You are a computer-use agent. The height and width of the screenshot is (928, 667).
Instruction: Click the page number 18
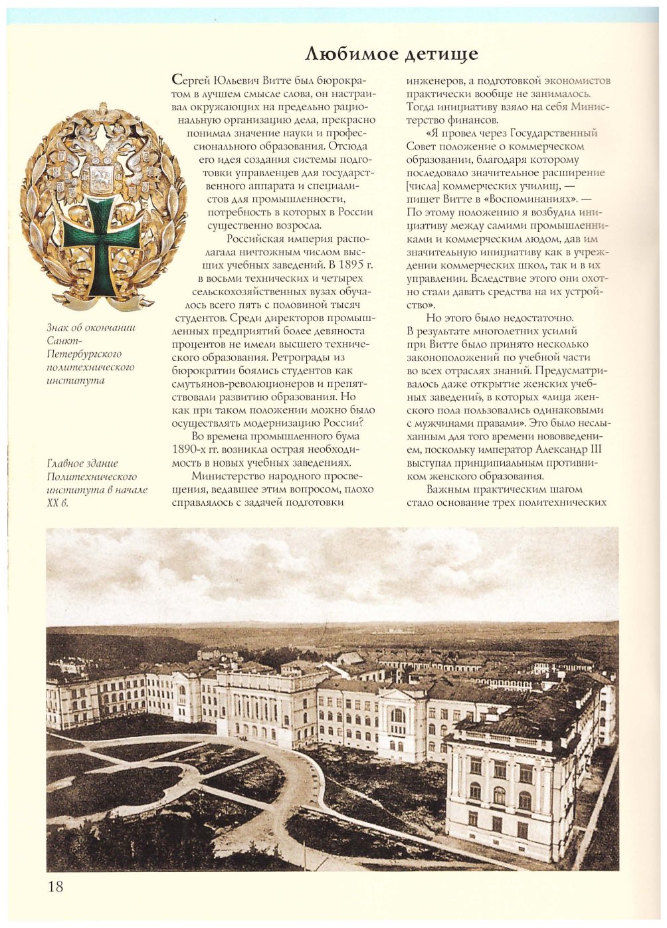[x=55, y=886]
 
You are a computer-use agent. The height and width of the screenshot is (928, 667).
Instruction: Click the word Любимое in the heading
[x=351, y=54]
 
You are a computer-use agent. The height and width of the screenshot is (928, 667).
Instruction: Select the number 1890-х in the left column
[x=191, y=449]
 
